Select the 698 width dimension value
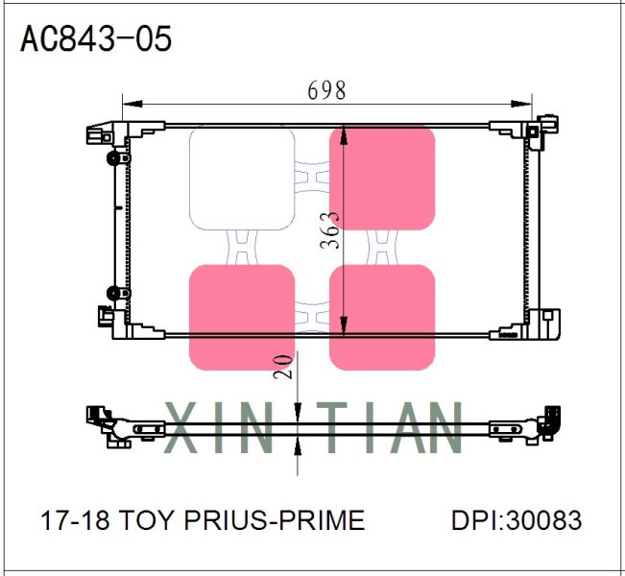[x=326, y=90]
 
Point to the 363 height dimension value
[x=329, y=230]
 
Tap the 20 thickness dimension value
[x=283, y=366]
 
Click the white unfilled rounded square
[x=242, y=179]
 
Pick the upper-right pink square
[x=382, y=179]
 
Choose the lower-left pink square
[x=242, y=318]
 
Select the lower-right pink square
[x=382, y=318]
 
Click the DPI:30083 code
[x=517, y=520]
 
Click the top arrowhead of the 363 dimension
[x=344, y=132]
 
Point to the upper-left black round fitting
[x=113, y=157]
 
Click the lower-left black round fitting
[x=113, y=293]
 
